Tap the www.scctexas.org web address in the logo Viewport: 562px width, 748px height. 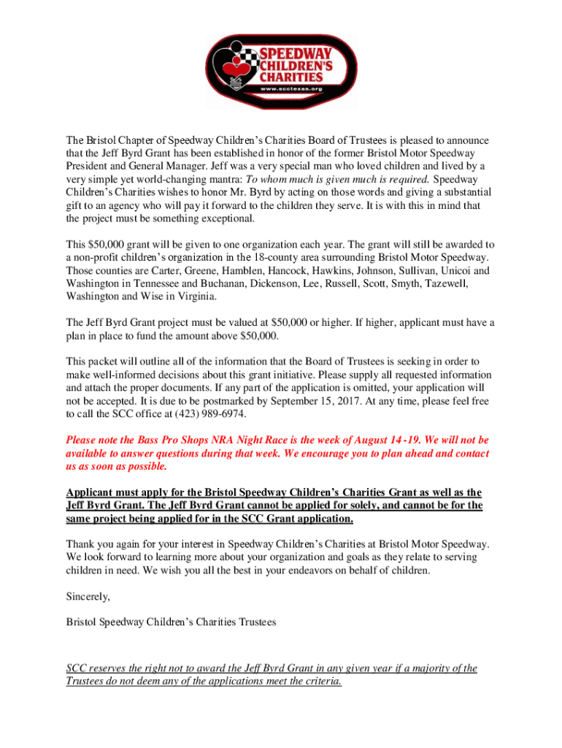(x=292, y=88)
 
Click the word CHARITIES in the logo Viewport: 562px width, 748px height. (x=293, y=76)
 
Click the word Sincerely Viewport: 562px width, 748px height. (x=88, y=597)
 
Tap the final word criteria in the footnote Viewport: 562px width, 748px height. (x=319, y=682)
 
